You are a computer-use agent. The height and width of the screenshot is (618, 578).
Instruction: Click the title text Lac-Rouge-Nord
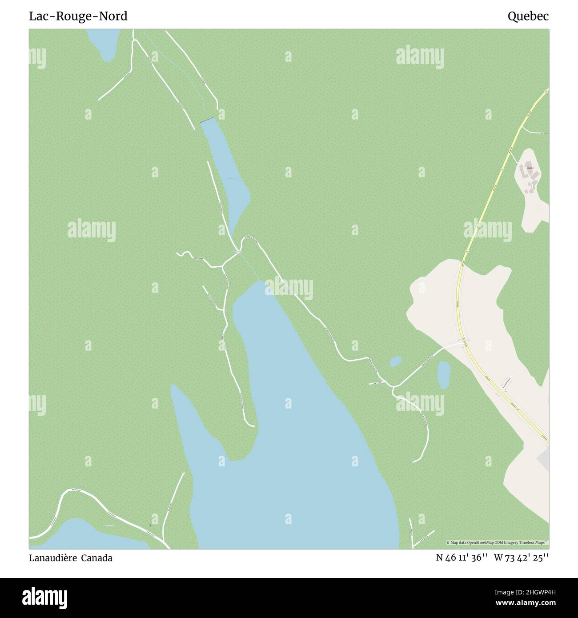tap(78, 16)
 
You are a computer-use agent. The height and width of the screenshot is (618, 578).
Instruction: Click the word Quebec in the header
tap(528, 16)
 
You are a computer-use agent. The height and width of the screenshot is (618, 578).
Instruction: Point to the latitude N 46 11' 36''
tap(462, 558)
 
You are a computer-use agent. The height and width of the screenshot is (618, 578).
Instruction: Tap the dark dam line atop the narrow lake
tap(207, 120)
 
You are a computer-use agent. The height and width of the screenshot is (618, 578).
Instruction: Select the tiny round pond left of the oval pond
tap(395, 362)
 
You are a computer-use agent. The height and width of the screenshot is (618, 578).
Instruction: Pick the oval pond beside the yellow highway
tap(443, 375)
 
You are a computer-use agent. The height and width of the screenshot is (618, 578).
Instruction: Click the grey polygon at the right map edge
tap(543, 458)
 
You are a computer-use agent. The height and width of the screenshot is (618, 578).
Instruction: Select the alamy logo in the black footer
tap(44, 597)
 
